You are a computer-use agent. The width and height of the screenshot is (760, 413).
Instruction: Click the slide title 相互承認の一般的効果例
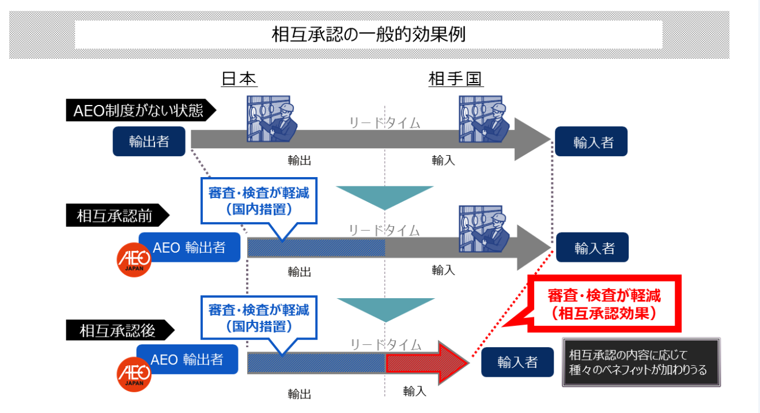pos(368,35)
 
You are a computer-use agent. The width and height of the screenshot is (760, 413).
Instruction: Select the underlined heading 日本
pos(239,79)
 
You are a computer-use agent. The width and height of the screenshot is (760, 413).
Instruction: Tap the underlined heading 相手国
pos(455,79)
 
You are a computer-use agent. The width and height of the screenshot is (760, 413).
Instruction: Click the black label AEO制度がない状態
pos(138,110)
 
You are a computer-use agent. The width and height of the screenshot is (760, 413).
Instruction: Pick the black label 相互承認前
pos(115,216)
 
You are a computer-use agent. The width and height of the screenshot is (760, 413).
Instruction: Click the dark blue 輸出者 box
pos(149,141)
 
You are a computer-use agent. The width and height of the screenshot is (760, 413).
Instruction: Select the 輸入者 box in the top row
pos(591,142)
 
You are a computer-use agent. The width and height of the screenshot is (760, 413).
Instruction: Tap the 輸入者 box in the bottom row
pos(517,362)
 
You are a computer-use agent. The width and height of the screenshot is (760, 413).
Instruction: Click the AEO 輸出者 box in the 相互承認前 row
pos(189,247)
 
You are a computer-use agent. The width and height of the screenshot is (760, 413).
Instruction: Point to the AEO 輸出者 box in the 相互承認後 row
pos(187,359)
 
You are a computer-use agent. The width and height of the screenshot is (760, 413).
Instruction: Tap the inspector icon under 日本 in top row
pos(271,118)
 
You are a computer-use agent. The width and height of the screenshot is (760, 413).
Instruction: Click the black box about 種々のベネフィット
pos(641,362)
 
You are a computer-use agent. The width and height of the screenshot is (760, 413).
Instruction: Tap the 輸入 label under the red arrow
pos(414,391)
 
